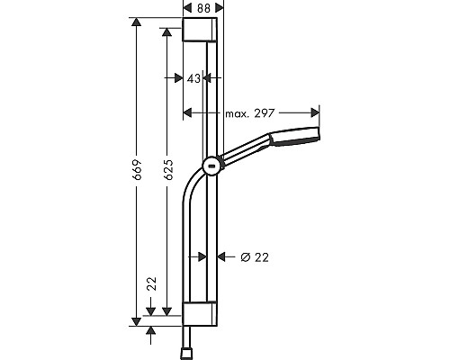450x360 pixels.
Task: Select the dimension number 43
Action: point(192,79)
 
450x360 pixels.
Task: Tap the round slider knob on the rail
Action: point(211,165)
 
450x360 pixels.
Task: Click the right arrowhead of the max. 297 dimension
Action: point(315,112)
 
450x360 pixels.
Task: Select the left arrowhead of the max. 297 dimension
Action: point(188,112)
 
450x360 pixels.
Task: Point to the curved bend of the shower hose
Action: point(193,180)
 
